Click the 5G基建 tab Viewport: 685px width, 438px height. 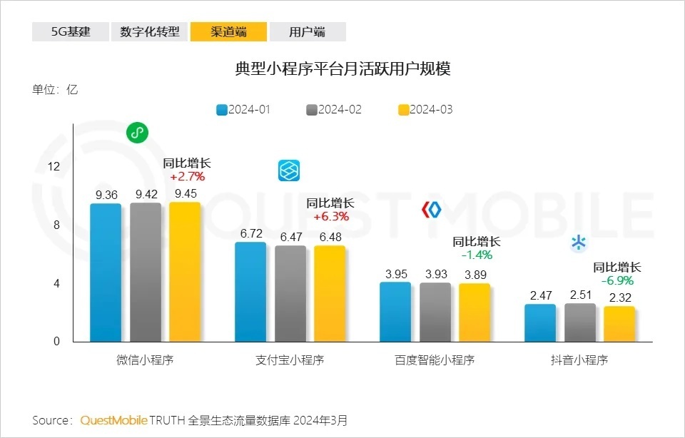71,32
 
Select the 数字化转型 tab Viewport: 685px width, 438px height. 149,32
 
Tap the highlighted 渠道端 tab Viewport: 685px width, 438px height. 228,32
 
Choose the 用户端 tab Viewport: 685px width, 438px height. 308,32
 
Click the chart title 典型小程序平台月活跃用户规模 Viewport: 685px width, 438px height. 342,69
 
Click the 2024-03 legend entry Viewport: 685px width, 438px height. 425,110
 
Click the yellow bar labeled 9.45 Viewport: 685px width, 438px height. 185,272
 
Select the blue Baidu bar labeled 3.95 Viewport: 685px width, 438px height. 395,312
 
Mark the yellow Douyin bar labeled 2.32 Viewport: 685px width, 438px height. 619,324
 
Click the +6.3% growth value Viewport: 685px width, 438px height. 330,216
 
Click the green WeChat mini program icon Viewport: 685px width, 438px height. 137,133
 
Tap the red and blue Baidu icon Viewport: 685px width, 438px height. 432,210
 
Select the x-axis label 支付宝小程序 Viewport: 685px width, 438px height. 290,360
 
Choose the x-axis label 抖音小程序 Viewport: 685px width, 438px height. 579,360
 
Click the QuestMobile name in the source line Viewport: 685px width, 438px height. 113,419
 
